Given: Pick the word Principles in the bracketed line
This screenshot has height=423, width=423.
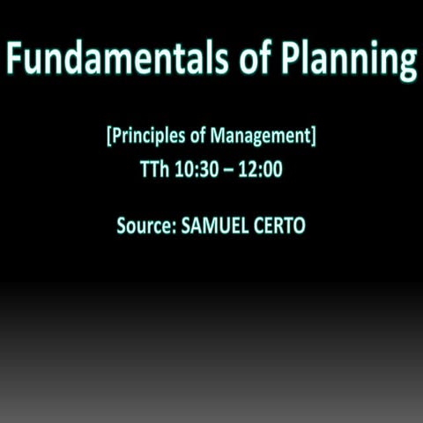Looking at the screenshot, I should click(145, 138).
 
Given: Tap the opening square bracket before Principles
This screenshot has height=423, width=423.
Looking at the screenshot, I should click(108, 138).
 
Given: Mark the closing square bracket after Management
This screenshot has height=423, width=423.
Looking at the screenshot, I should click(315, 138).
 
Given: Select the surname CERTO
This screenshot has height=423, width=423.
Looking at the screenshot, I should click(278, 226).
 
